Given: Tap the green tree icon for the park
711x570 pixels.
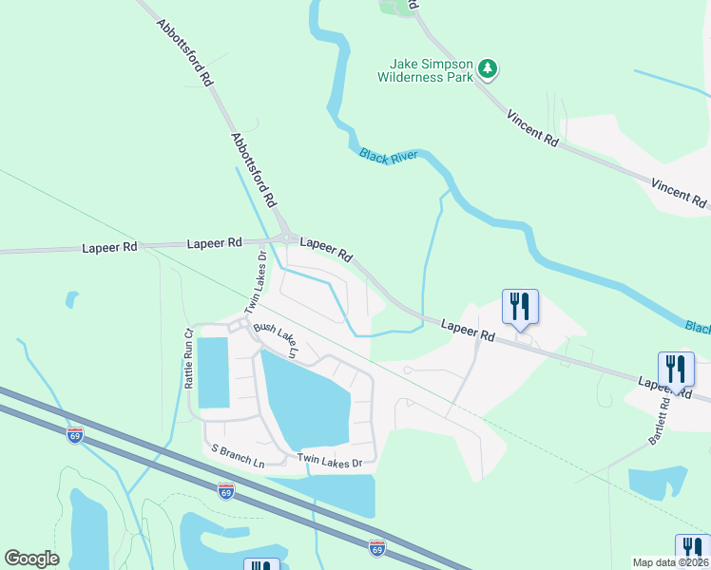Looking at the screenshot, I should [488, 68].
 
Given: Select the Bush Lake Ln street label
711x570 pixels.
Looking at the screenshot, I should [277, 342].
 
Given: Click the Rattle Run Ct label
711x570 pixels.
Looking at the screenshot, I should [189, 358].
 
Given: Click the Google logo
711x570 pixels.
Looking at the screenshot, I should [32, 559].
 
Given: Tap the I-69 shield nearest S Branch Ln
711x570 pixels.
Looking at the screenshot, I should [225, 491].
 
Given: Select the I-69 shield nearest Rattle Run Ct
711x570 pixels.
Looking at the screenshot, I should [75, 435].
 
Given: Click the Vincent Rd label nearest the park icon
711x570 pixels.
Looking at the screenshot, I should [532, 128].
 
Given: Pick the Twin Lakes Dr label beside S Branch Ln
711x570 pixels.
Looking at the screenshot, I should [330, 462].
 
